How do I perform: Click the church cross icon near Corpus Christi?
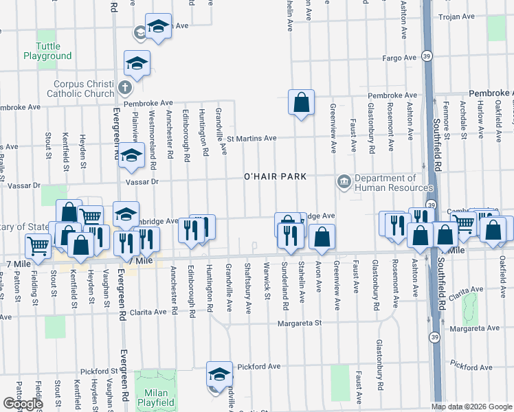[x=124, y=88]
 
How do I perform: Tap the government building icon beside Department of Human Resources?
[x=344, y=182]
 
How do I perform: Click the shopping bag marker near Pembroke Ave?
[x=301, y=103]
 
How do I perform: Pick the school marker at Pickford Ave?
[x=219, y=375]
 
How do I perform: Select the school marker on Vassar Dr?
[x=130, y=157]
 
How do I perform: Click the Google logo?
[x=23, y=404]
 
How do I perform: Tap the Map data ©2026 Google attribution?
[x=471, y=407]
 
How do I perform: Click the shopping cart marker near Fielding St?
[x=38, y=245]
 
